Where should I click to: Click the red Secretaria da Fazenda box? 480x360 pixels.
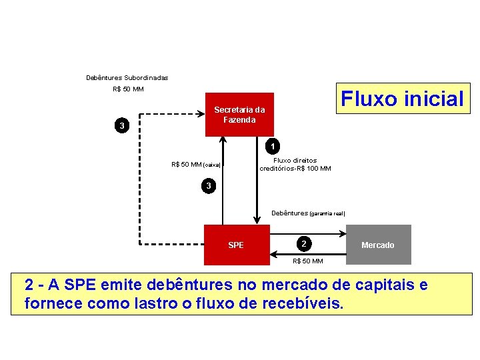click(239, 115)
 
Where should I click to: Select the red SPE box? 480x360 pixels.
click(236, 245)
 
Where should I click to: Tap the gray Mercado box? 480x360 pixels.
click(377, 245)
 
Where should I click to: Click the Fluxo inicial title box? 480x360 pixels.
click(402, 99)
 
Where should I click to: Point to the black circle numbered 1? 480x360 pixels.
click(272, 145)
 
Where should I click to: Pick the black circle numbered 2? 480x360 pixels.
click(303, 243)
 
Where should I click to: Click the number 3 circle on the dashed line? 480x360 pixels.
click(121, 125)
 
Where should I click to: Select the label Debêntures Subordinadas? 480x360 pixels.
click(127, 77)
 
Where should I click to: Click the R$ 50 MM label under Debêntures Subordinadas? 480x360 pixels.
click(128, 89)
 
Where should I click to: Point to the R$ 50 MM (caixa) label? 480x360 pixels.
click(195, 164)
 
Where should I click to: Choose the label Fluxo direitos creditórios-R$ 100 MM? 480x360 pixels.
click(295, 164)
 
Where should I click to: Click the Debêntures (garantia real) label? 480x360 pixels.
click(308, 213)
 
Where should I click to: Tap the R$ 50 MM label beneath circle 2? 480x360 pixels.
click(308, 261)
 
